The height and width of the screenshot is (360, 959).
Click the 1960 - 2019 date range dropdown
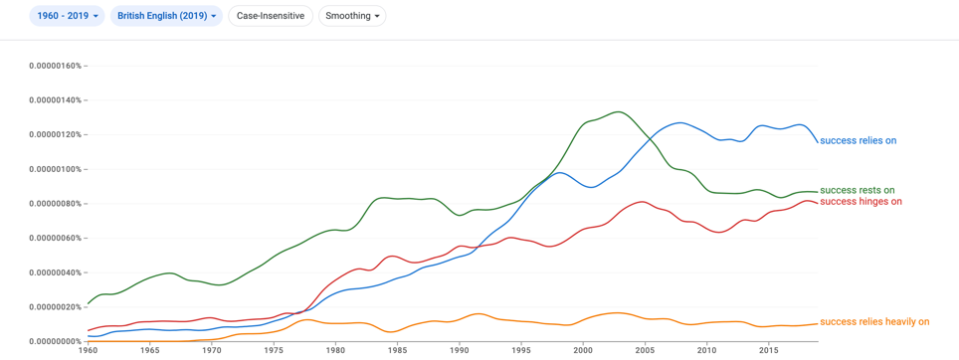coord(68,16)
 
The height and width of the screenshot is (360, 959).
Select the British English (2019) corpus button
coord(166,16)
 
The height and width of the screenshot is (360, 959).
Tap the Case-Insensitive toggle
coord(271,16)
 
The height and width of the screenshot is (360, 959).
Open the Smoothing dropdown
coord(352,16)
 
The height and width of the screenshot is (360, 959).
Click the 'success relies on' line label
coord(859,140)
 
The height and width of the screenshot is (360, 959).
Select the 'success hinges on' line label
coord(862,202)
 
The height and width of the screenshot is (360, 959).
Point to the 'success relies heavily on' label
coord(874,322)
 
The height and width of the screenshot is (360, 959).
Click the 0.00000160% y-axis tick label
coord(55,66)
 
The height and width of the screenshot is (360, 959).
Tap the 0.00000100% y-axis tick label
coord(55,169)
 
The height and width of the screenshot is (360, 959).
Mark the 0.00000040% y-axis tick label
coord(55,272)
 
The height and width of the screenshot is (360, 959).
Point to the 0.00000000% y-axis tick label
coord(55,341)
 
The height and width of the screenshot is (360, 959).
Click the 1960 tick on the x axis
coord(89,351)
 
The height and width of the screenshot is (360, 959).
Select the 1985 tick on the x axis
coord(398,351)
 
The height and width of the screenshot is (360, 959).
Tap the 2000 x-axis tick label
coord(583,351)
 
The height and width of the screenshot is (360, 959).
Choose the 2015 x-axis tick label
coord(769,351)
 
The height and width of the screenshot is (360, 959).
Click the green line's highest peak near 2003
coord(618,111)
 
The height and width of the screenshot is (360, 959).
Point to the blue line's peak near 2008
coord(680,123)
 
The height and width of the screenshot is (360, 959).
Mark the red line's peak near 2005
coord(643,201)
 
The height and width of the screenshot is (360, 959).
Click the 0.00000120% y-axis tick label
coord(55,134)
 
